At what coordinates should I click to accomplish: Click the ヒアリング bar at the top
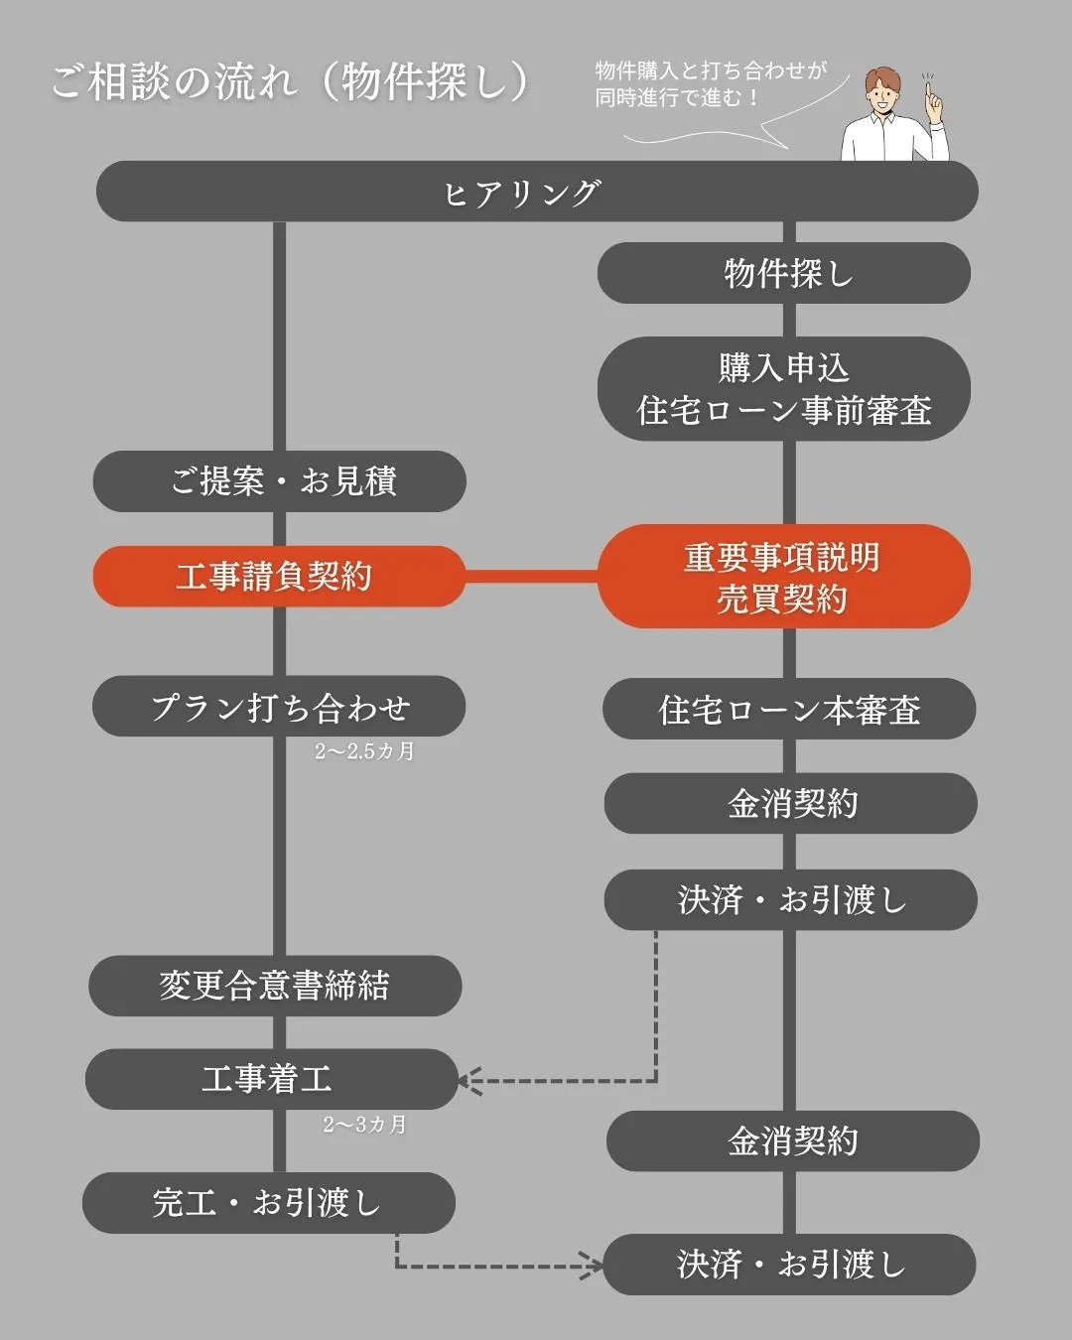click(x=536, y=192)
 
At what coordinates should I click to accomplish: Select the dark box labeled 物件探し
click(x=784, y=273)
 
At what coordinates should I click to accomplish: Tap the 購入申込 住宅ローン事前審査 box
click(x=784, y=388)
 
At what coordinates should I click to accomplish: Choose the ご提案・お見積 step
click(x=280, y=481)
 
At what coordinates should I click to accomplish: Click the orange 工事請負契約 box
click(x=278, y=576)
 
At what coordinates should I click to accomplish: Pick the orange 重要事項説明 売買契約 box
click(x=784, y=577)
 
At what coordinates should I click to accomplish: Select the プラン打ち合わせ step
click(x=280, y=707)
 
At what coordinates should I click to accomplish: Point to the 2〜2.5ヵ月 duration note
click(x=364, y=751)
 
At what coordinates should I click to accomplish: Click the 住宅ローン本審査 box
click(x=790, y=709)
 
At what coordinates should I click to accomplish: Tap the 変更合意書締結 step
click(x=275, y=986)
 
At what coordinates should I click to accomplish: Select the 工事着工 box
click(x=270, y=1079)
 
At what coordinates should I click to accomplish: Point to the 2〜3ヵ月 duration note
click(x=364, y=1125)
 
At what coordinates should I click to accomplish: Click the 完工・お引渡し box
click(x=268, y=1203)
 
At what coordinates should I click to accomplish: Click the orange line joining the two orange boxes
click(x=531, y=576)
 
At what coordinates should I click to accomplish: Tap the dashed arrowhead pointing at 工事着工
click(x=467, y=1080)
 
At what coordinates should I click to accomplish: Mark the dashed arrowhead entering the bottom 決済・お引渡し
click(x=594, y=1266)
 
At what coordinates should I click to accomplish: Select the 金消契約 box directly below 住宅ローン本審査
click(x=791, y=803)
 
